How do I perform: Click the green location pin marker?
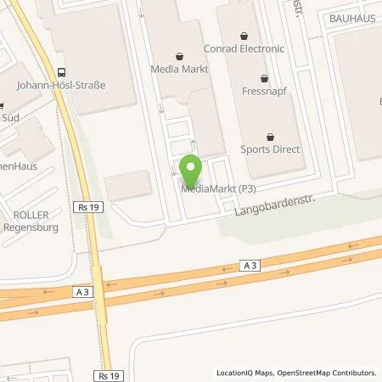click(x=191, y=169)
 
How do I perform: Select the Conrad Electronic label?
click(x=244, y=48)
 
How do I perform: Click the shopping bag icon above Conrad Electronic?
click(x=244, y=36)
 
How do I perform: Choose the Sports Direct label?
click(x=271, y=147)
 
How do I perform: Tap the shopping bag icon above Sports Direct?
click(x=271, y=134)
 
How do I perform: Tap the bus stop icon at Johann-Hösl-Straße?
click(x=60, y=72)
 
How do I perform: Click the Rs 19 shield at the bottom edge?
click(x=105, y=375)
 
